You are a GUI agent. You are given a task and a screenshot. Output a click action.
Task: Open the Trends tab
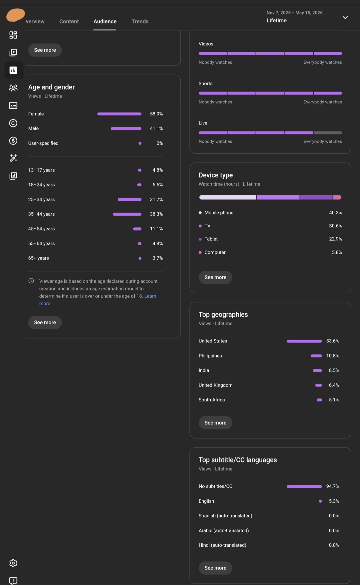click(140, 21)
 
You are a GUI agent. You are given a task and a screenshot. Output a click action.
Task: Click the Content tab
click(69, 21)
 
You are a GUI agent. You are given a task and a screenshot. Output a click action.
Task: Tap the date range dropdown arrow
click(345, 17)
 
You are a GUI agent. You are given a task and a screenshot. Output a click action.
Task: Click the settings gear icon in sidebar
click(13, 563)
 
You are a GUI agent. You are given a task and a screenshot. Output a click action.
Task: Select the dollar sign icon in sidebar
click(13, 141)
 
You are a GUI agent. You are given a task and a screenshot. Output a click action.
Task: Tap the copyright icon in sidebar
click(13, 123)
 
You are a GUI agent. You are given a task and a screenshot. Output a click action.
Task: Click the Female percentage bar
click(119, 114)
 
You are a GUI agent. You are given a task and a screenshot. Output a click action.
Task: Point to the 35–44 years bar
click(127, 214)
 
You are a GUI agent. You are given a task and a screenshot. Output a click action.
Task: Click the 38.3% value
click(156, 214)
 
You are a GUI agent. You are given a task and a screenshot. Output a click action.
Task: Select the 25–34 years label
click(41, 199)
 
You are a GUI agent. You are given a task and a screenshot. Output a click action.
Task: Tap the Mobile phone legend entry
click(216, 213)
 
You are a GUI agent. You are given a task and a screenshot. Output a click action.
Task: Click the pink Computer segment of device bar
click(337, 197)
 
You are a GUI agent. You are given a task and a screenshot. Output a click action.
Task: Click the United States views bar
click(304, 341)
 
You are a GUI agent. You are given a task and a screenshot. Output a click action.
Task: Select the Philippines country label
click(210, 356)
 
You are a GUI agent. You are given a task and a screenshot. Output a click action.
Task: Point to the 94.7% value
click(333, 486)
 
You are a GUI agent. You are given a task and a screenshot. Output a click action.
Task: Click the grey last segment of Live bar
click(328, 133)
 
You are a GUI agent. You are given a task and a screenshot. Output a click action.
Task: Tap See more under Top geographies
click(215, 423)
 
